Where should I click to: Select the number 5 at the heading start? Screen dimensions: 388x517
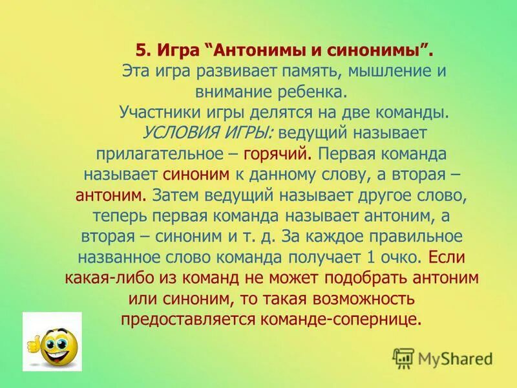[142, 50]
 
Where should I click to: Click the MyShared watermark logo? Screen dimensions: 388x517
[442, 358]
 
